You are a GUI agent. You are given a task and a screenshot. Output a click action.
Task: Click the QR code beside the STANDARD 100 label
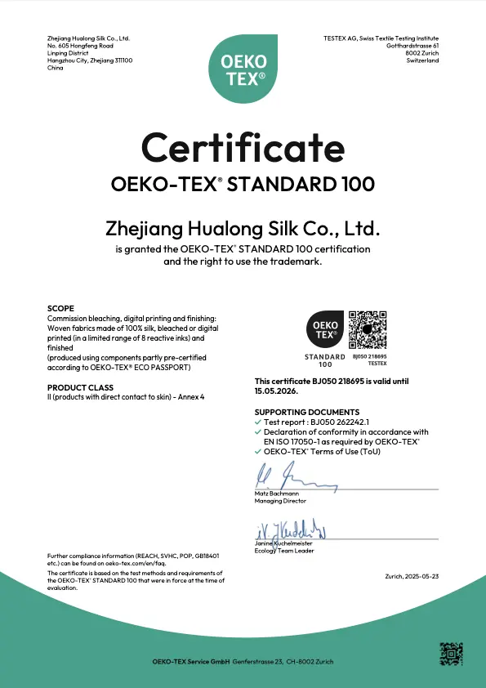pyautogui.click(x=368, y=330)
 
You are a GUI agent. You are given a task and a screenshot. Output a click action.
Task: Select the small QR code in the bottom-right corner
pyautogui.click(x=451, y=654)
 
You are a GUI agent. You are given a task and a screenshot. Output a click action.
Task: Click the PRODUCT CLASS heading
pyautogui.click(x=74, y=387)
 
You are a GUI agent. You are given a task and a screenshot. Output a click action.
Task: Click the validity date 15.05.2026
pyautogui.click(x=276, y=391)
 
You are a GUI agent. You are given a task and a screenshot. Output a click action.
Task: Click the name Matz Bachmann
pyautogui.click(x=276, y=494)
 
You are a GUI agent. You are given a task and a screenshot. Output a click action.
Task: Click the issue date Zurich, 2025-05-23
pyautogui.click(x=412, y=576)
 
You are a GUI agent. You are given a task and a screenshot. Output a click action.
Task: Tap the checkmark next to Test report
pyautogui.click(x=258, y=422)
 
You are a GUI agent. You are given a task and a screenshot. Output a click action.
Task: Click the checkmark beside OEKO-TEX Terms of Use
pyautogui.click(x=258, y=450)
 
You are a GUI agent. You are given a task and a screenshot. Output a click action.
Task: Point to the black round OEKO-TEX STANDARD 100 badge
pyautogui.click(x=325, y=330)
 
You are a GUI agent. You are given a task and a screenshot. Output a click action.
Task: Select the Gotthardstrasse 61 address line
pyautogui.click(x=412, y=46)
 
